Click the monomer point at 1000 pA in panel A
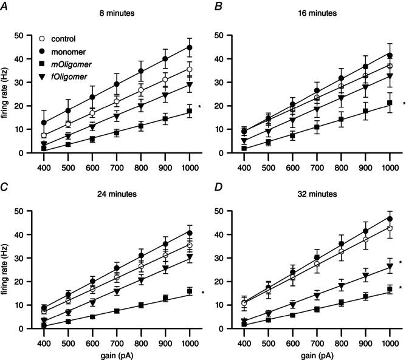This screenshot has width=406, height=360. point(190,47)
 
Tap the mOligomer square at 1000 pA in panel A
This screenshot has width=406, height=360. point(190,111)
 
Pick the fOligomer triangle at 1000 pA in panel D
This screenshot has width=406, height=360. point(390,267)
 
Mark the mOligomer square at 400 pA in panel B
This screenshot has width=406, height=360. point(244,148)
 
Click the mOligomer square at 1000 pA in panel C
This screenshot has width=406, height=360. point(190,291)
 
